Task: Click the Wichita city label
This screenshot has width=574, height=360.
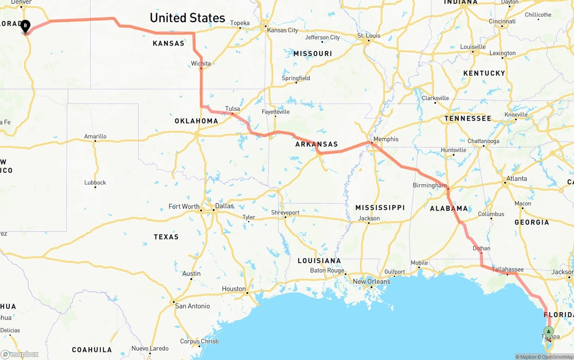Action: pos(201,64)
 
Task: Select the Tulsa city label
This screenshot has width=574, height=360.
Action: pos(232,108)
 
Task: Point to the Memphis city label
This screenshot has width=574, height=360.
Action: pos(386,139)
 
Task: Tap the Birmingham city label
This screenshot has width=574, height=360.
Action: pos(430,185)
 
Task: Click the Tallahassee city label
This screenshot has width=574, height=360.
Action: pos(508,269)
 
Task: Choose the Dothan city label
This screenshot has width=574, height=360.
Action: pos(481,248)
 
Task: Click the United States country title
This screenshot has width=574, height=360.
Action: pos(187,18)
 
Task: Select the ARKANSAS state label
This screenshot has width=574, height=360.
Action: pos(317,144)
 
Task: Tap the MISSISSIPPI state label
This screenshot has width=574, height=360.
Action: pos(380,208)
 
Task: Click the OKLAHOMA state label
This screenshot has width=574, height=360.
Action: pos(196,121)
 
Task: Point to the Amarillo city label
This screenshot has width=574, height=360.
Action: pos(96,136)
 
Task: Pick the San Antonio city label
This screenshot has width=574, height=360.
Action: pos(192,306)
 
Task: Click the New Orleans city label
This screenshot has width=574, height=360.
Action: pos(371,282)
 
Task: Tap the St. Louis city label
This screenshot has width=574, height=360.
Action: pos(369,35)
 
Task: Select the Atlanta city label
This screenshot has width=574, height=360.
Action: pos(516,178)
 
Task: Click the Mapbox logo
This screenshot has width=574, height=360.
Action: pos(20,355)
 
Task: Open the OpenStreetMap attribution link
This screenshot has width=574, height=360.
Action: pos(557,357)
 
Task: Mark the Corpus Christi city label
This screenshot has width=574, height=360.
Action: pos(199,341)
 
